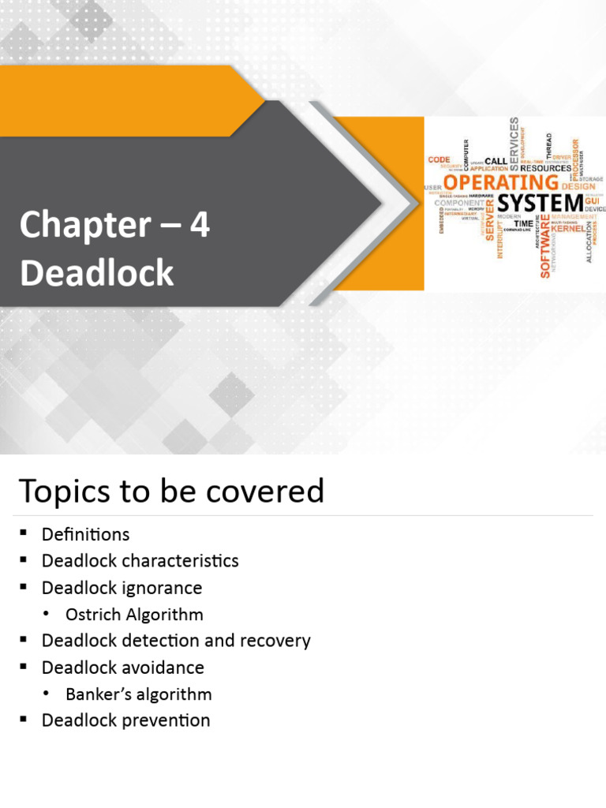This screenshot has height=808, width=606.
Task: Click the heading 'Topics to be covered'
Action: point(171,491)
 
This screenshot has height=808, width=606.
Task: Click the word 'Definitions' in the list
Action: point(85,534)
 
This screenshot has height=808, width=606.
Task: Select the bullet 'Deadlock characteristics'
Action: point(140,561)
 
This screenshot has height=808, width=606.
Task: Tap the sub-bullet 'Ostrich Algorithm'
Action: point(134,615)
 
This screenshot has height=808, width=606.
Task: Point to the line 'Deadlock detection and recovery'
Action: point(176,641)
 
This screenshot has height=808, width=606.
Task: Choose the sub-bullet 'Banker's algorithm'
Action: point(139,694)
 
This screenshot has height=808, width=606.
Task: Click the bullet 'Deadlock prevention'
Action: point(125,720)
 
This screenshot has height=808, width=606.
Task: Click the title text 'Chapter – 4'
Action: point(114,226)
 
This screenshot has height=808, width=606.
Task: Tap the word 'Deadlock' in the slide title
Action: point(96,273)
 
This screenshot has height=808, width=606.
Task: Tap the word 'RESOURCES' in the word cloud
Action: point(545,168)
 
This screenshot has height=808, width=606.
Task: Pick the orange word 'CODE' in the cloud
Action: point(439,159)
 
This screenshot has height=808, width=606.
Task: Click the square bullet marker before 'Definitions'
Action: point(24,535)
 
